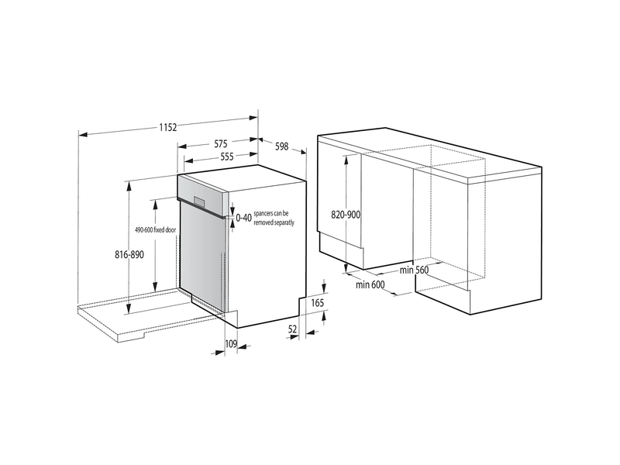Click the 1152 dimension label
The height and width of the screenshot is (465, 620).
[168, 127]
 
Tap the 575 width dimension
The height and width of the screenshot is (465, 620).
[222, 143]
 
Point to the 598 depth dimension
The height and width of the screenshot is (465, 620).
[281, 146]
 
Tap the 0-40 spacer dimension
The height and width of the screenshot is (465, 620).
[243, 219]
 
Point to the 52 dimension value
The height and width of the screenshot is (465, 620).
[293, 329]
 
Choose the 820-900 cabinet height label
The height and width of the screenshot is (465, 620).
[345, 215]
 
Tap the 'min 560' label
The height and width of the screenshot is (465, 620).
[415, 270]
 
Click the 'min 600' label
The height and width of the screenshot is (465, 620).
[370, 286]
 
